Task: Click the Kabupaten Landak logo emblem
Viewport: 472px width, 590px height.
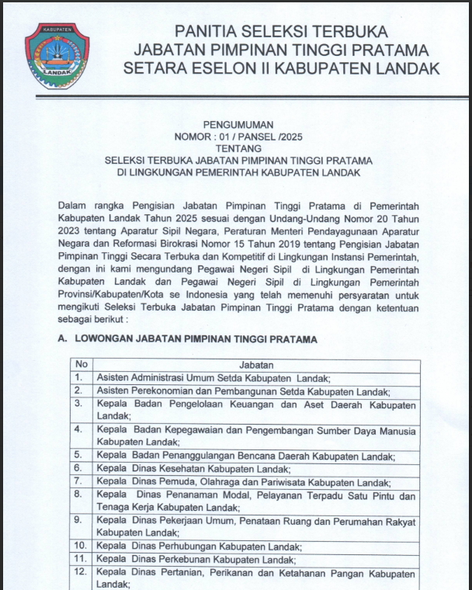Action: [x=51, y=54]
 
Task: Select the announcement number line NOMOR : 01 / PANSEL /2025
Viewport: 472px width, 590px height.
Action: [x=236, y=137]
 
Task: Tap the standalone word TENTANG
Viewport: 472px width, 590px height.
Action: [x=236, y=148]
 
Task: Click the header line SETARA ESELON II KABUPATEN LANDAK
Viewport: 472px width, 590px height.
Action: [x=280, y=68]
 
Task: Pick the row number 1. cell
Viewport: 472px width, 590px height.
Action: [x=78, y=378]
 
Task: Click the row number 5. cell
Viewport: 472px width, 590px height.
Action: [x=78, y=455]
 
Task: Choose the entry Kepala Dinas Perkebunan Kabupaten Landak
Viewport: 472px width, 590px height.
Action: [x=198, y=559]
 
